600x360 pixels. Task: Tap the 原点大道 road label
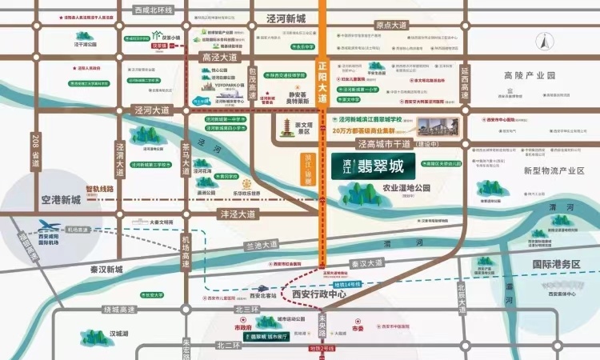393,26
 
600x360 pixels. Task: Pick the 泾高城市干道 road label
409,144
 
